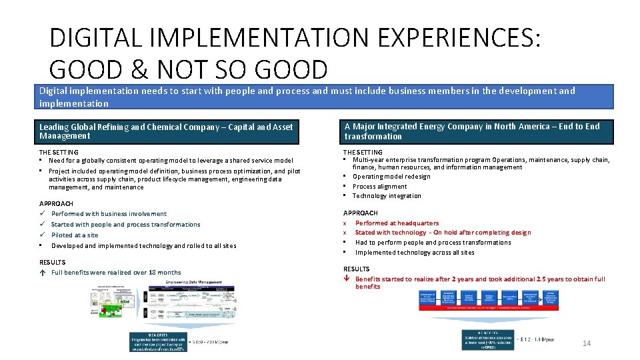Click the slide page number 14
coord(587,343)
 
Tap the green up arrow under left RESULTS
coord(43,273)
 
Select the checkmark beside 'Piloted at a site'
coord(43,235)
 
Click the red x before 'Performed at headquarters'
coord(345,223)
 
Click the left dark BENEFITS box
coord(157,342)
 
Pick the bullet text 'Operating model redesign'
coord(391,177)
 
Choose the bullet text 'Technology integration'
coord(387,196)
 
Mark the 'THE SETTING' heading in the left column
coord(59,152)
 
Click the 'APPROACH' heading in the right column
coord(361,213)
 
